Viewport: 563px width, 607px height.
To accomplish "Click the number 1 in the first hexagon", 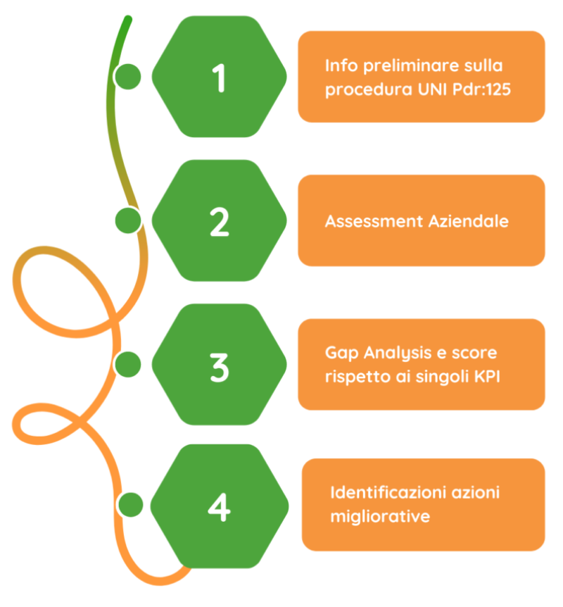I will (x=220, y=78).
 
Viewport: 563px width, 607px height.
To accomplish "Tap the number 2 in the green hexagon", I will (x=220, y=222).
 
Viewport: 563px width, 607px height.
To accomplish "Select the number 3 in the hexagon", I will (x=220, y=366).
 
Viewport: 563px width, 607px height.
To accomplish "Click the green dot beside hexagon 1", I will (x=128, y=76).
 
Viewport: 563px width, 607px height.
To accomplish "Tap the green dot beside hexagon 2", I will (x=128, y=220).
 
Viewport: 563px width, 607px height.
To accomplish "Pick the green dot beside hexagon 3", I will (x=128, y=365).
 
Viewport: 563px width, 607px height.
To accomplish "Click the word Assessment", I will (x=373, y=221).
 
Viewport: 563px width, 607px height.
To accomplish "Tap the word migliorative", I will (x=379, y=516).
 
